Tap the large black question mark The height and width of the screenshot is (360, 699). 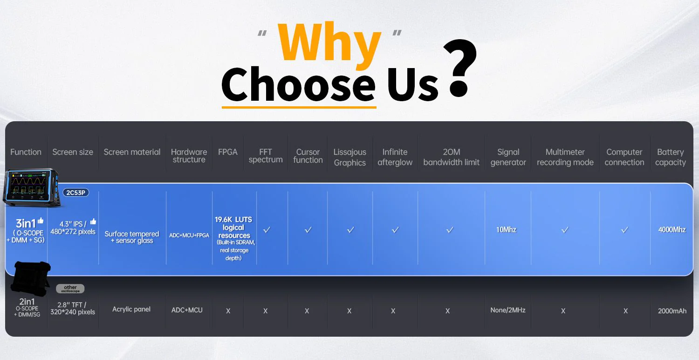pos(459,67)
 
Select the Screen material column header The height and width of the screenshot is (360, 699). pos(132,152)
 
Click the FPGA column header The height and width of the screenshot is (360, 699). pos(228,152)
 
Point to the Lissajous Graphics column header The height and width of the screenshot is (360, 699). pos(350,157)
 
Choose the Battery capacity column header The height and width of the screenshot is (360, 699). pos(670,157)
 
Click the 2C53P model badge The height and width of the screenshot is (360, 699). pos(76,193)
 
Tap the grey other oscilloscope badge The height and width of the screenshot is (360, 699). pos(70,289)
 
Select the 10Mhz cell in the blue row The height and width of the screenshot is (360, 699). pos(506,230)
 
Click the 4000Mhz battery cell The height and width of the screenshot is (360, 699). pos(672,230)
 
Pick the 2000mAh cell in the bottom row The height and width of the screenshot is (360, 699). pos(672,311)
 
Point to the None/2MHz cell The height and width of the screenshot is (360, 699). pos(508,310)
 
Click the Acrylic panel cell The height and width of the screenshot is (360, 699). pos(131,309)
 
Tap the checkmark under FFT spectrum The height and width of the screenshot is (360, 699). pos(267,230)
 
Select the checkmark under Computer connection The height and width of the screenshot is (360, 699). pos(624,230)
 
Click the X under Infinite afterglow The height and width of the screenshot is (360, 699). pos(393,311)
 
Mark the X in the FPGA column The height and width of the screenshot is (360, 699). pos(228,311)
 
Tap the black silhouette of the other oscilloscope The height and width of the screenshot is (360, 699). pos(31,278)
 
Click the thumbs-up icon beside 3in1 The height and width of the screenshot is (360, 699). pos(41,221)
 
